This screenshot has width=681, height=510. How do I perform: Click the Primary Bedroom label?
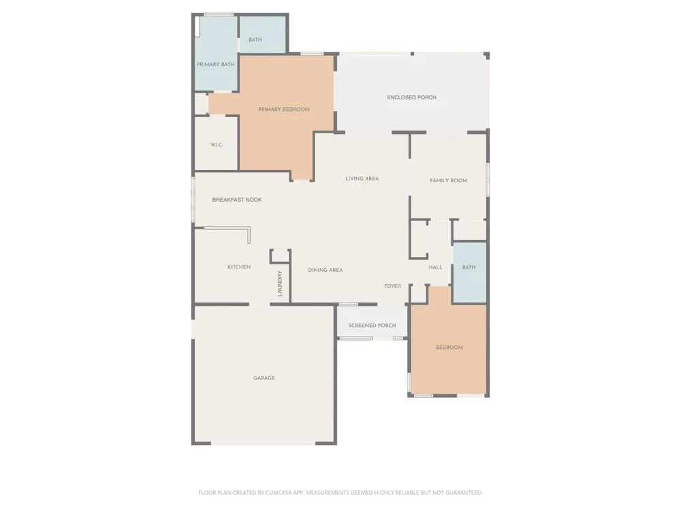point(283,109)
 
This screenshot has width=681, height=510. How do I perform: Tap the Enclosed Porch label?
point(412,97)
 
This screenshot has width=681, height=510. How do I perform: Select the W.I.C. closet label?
point(217,145)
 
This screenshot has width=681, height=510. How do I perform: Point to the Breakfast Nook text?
point(237,200)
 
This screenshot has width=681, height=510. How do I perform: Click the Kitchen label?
point(239,267)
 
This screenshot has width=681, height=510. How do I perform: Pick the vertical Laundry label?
point(280,283)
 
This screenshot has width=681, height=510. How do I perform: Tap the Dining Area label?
point(326,270)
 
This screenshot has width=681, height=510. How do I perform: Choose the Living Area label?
point(362,179)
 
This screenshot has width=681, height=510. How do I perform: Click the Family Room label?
point(448,180)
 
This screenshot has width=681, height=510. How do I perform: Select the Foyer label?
point(393,286)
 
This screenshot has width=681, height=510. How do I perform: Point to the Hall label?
point(436,267)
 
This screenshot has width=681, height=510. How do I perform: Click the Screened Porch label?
point(373,325)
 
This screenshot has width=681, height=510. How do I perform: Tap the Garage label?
point(264,378)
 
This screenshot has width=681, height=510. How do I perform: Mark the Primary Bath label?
point(215,65)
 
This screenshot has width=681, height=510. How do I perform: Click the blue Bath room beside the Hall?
point(469,273)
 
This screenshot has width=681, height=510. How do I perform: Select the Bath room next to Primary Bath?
point(262,35)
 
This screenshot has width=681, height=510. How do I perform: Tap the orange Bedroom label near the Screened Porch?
point(449,347)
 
